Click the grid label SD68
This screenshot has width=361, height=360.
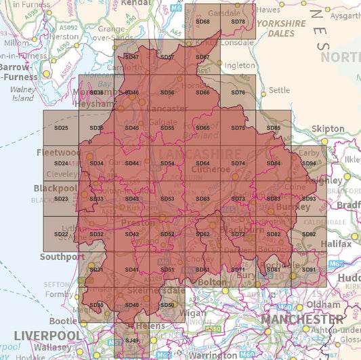[203, 22]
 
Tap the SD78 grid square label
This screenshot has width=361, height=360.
[238, 22]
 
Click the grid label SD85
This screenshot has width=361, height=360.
[274, 128]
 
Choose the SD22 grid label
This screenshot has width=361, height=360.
[61, 234]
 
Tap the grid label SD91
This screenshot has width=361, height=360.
[309, 270]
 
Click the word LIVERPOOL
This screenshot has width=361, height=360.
[47, 336]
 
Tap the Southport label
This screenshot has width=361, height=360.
[61, 257]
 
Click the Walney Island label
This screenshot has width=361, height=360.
[23, 93]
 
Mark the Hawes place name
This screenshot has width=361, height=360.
[268, 9]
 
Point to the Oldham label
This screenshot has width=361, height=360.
[327, 304]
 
